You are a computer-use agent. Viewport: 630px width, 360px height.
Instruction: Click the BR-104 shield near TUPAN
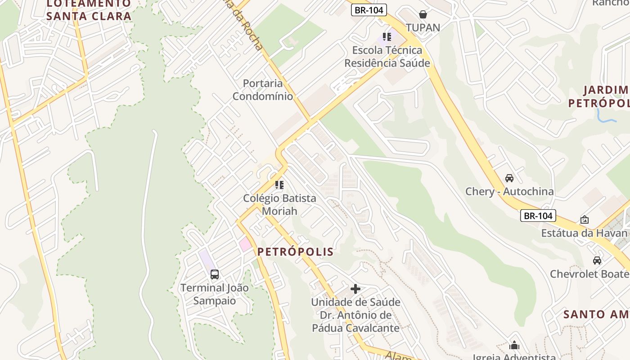pyautogui.click(x=369, y=10)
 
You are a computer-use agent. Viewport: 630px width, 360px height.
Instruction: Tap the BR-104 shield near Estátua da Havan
pyautogui.click(x=538, y=216)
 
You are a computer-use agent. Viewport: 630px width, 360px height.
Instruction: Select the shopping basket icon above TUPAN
pyautogui.click(x=423, y=14)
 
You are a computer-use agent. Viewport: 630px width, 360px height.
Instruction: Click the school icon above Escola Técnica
pyautogui.click(x=387, y=37)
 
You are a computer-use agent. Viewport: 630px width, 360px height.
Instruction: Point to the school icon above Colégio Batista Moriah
pyautogui.click(x=279, y=184)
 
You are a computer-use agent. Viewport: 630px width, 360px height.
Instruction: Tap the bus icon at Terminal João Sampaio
pyautogui.click(x=215, y=274)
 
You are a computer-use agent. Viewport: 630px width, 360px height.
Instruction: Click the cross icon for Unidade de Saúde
pyautogui.click(x=355, y=288)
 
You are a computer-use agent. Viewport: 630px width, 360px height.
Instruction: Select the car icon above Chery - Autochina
pyautogui.click(x=509, y=178)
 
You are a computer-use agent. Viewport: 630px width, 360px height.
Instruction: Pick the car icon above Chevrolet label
pyautogui.click(x=597, y=261)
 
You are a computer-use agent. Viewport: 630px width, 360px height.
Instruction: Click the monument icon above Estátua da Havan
pyautogui.click(x=585, y=220)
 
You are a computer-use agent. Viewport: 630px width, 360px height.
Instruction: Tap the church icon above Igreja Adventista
pyautogui.click(x=514, y=346)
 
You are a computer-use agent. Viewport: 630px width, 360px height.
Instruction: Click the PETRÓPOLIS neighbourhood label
pyautogui.click(x=296, y=252)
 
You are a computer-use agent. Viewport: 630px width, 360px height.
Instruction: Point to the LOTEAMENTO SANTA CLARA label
pyautogui.click(x=89, y=10)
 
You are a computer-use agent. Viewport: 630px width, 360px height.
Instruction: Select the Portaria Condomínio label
pyautogui.click(x=263, y=90)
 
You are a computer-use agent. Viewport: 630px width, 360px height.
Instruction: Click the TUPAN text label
pyautogui.click(x=423, y=27)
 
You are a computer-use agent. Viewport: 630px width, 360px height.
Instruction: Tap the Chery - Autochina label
pyautogui.click(x=509, y=191)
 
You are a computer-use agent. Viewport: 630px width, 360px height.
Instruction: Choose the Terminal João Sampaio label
pyautogui.click(x=215, y=294)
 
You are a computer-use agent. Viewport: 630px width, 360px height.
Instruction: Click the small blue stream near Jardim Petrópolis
pyautogui.click(x=603, y=117)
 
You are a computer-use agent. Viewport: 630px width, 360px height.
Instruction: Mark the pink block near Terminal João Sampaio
pyautogui.click(x=245, y=245)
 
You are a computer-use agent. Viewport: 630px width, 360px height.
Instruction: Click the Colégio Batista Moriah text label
pyautogui.click(x=279, y=204)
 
